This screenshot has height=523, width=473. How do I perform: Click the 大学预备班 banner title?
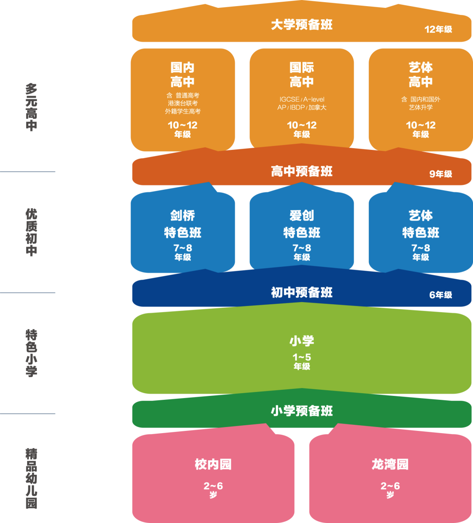click(x=302, y=25)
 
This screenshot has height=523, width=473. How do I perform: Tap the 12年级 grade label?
click(x=438, y=30)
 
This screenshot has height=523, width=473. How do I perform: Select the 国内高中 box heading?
click(x=183, y=75)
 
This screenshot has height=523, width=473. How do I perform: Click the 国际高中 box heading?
click(x=302, y=75)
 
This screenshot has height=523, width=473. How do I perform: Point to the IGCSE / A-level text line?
click(x=302, y=100)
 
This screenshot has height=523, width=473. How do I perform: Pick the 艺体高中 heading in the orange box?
click(x=420, y=75)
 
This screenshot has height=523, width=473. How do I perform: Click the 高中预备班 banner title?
click(x=302, y=171)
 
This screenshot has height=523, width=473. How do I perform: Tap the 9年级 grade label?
click(x=441, y=174)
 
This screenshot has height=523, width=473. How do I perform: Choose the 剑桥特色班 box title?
click(x=183, y=224)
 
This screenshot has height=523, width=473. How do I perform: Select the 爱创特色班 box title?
click(x=302, y=224)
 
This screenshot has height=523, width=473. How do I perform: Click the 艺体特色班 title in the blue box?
click(x=420, y=224)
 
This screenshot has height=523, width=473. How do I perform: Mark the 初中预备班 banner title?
click(x=302, y=292)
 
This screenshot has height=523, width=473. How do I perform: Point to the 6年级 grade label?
click(x=441, y=295)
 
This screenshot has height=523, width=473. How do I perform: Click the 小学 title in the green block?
click(x=302, y=341)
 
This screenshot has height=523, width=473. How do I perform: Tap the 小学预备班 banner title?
click(x=302, y=411)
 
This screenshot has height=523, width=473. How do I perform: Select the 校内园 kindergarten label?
click(x=213, y=464)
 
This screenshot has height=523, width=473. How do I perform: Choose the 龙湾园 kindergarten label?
click(x=390, y=464)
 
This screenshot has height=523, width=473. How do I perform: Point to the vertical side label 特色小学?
click(x=31, y=353)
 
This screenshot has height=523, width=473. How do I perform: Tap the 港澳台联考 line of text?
click(x=183, y=103)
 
